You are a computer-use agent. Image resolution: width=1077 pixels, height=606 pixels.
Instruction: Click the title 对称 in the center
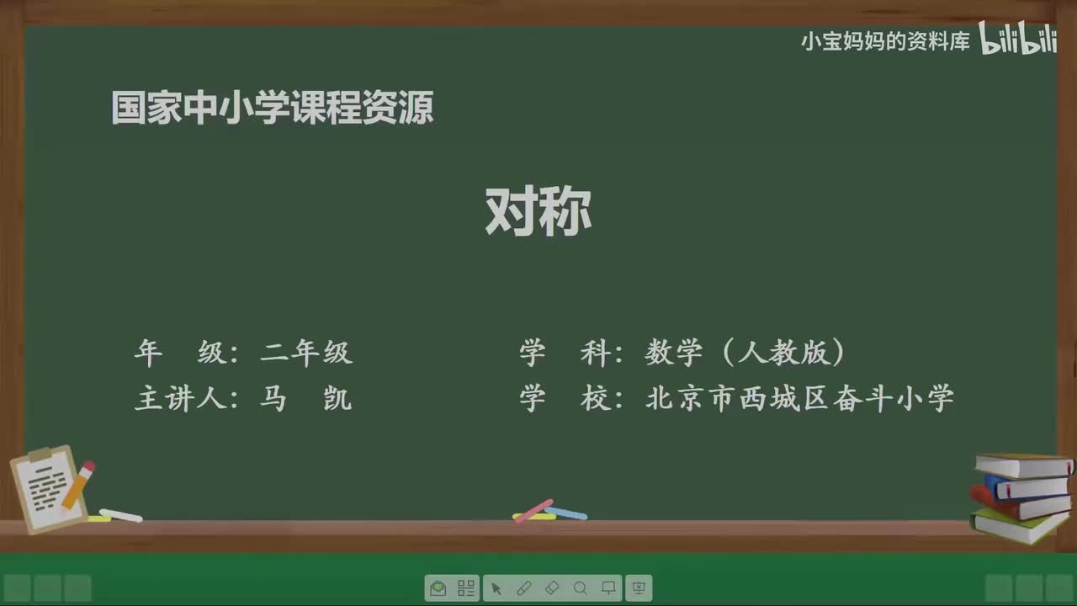click(538, 212)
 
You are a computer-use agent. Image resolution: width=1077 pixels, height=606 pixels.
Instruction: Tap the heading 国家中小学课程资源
click(273, 109)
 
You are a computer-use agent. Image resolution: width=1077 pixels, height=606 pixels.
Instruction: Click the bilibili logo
click(1018, 40)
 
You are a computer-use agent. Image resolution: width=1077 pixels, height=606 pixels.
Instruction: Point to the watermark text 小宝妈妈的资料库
click(885, 41)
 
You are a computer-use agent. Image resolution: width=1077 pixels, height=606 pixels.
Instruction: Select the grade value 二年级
click(306, 353)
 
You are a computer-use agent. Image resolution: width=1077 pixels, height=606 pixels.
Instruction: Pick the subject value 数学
click(673, 353)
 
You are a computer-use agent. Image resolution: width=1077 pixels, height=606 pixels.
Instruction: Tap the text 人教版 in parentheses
click(784, 353)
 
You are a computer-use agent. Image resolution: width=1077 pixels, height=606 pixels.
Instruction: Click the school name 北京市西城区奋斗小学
click(799, 398)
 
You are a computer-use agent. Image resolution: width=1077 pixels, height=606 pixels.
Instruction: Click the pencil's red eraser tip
click(88, 465)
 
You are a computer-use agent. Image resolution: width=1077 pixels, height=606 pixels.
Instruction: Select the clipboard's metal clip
click(40, 455)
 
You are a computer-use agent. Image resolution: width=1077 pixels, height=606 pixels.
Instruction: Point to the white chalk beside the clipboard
click(121, 514)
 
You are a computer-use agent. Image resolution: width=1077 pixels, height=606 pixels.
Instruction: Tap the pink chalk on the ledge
click(533, 510)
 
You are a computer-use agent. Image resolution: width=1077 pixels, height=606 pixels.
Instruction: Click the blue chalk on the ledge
click(567, 512)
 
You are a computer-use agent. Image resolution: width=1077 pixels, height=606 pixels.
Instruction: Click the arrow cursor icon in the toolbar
click(496, 588)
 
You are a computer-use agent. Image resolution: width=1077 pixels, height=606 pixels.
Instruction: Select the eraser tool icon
click(552, 588)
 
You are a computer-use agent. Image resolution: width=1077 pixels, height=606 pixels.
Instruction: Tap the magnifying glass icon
click(580, 588)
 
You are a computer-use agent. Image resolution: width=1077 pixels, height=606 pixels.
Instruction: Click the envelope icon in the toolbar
click(438, 588)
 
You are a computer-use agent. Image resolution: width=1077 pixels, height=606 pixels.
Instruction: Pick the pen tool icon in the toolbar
click(523, 588)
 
